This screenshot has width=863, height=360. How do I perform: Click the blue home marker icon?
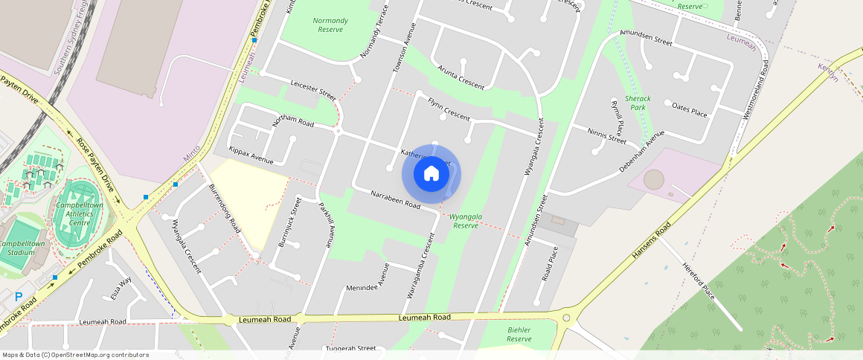(x=431, y=174)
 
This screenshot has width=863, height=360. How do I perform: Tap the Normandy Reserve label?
(x=330, y=25)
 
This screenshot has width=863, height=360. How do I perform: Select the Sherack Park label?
(x=638, y=103)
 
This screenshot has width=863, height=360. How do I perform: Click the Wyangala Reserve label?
(x=466, y=221)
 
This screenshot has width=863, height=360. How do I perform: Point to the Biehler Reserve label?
(x=519, y=333)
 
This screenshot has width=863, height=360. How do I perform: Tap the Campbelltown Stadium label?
(x=22, y=248)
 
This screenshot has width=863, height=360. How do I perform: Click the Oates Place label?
(x=689, y=109)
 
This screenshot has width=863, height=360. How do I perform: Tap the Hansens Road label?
(x=651, y=240)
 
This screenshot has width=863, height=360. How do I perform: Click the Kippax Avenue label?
(x=251, y=155)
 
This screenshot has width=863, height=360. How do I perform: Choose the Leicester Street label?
(x=313, y=91)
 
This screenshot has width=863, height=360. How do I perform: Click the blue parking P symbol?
(x=19, y=296)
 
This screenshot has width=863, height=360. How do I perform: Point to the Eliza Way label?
(x=121, y=287)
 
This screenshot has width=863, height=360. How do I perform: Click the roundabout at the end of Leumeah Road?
(x=566, y=318)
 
